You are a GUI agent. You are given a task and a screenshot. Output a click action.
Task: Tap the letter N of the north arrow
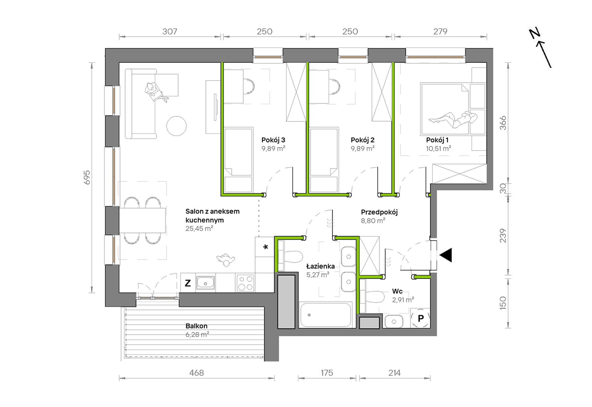pos(535,33)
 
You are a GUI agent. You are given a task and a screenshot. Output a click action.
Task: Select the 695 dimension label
pos(87,177)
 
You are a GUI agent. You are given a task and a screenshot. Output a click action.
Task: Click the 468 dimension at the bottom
pos(197,373)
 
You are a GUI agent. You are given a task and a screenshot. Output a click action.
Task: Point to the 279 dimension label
pos(440,31)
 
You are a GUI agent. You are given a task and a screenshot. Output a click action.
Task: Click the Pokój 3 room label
pos(273,140)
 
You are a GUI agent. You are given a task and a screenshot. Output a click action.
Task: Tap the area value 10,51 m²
pos(438,149)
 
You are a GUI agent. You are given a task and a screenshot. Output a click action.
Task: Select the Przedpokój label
pos(379,212)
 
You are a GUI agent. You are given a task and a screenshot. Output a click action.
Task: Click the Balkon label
pos(196,326)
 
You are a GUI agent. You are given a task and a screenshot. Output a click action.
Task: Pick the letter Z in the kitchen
pos(188,283)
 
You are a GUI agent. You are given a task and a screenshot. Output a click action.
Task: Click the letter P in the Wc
pos(421,318)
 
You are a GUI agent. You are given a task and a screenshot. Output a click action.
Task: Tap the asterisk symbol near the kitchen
pos(265,247)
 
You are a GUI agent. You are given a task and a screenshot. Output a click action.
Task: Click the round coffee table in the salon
pos(176,126)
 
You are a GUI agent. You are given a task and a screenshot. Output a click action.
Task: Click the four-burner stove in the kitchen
pos(245,283)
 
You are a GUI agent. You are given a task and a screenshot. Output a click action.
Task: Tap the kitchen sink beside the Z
pos(205,283)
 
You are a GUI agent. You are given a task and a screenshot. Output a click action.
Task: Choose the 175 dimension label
pos(327,373)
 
